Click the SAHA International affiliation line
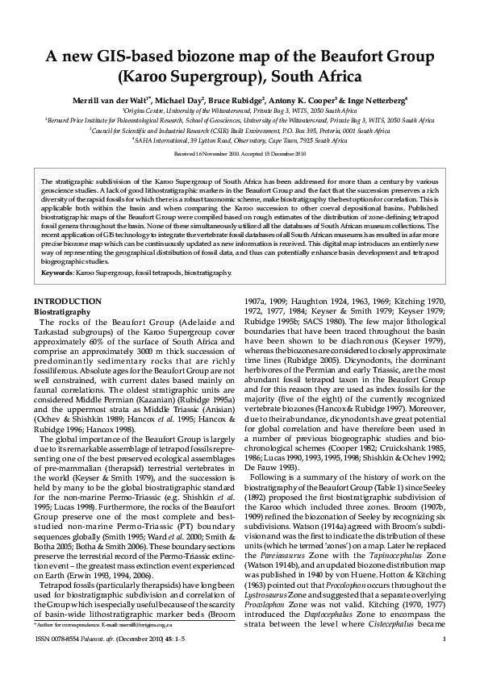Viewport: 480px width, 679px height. click(240, 139)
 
